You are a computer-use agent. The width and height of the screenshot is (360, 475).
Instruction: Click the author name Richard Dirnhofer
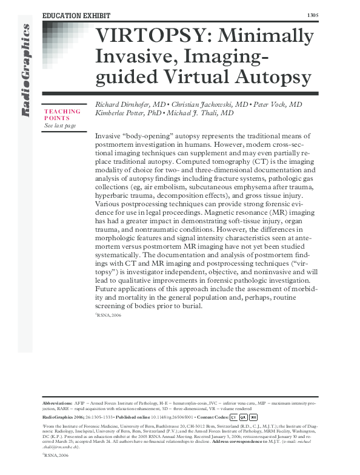pyautogui.click(x=125, y=104)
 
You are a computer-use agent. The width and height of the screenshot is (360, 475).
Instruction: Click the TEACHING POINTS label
pyautogui.click(x=62, y=115)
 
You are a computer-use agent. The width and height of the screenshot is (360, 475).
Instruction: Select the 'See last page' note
pyautogui.click(x=60, y=126)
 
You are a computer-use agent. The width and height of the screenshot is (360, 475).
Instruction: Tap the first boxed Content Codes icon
pyautogui.click(x=233, y=417)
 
